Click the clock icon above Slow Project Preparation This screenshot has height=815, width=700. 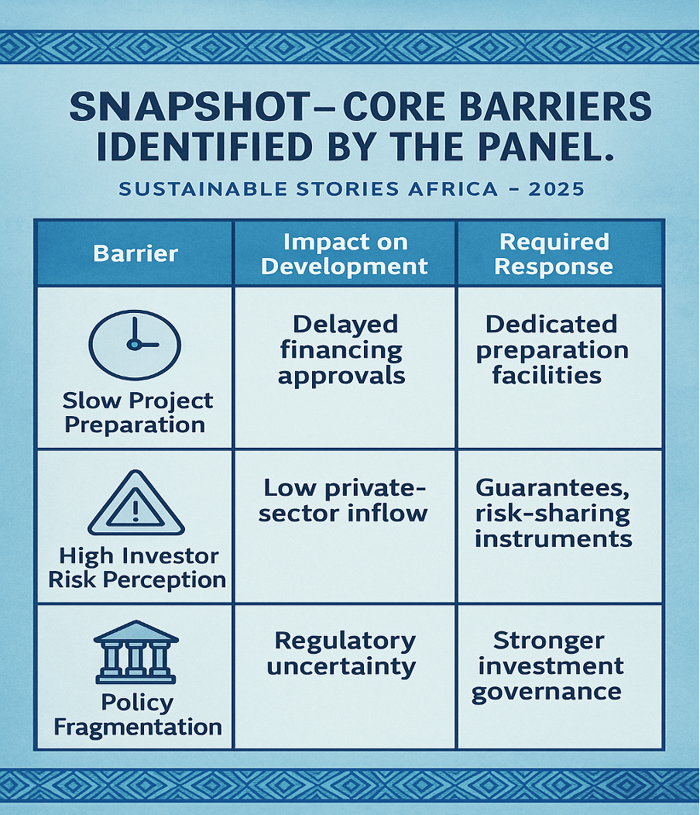pyautogui.click(x=135, y=345)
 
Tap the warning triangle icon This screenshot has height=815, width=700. pyautogui.click(x=136, y=505)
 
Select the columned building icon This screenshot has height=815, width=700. pyautogui.click(x=136, y=652)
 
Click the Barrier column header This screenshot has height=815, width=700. pyautogui.click(x=136, y=253)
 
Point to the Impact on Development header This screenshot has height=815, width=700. pyautogui.click(x=345, y=253)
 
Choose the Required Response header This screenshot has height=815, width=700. pyautogui.click(x=554, y=253)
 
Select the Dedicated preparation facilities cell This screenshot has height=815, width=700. pyautogui.click(x=552, y=349)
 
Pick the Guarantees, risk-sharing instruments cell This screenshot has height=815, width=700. pyautogui.click(x=553, y=513)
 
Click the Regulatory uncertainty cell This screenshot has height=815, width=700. pyautogui.click(x=345, y=653)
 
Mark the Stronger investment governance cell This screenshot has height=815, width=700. pyautogui.click(x=547, y=665)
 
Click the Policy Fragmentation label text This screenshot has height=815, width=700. pyautogui.click(x=137, y=714)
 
